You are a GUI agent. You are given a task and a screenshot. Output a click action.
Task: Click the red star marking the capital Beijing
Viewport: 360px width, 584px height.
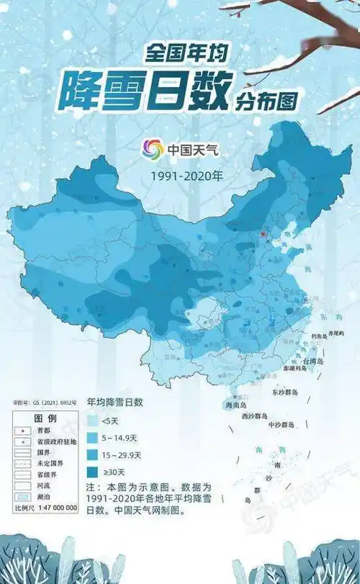pos(264,234)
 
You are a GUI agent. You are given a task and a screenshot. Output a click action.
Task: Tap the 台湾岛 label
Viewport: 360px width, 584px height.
pos(314,361)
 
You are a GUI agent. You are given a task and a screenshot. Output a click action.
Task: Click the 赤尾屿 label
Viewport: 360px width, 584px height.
pos(338,333)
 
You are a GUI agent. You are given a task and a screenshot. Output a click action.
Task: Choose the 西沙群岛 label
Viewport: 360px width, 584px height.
pos(253,416)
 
